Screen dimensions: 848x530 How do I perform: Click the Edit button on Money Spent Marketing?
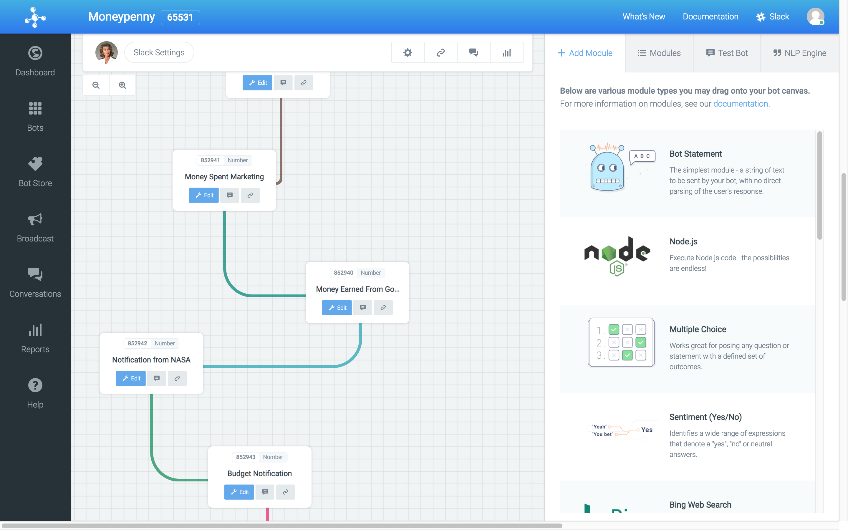(x=203, y=195)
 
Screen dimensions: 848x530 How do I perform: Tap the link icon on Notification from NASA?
(x=177, y=378)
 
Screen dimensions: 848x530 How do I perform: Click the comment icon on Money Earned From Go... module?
(x=363, y=307)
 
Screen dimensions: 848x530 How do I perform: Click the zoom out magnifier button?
(x=96, y=85)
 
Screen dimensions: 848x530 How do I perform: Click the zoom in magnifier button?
(x=122, y=85)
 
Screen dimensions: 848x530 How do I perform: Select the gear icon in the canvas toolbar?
(x=408, y=53)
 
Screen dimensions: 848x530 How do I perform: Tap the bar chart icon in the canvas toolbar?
(x=507, y=53)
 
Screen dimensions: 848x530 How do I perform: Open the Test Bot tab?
(x=727, y=53)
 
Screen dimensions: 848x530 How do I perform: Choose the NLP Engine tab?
(x=800, y=53)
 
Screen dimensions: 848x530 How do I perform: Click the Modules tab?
(x=659, y=53)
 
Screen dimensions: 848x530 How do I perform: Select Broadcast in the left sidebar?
(x=35, y=228)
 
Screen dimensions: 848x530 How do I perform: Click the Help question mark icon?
(x=35, y=385)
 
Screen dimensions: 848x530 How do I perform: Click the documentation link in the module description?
(x=741, y=104)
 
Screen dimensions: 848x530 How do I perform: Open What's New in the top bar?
(x=644, y=16)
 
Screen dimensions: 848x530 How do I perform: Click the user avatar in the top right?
(x=815, y=16)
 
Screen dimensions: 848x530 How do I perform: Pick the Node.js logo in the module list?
(x=617, y=256)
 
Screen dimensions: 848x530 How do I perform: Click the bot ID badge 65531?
(x=180, y=17)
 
